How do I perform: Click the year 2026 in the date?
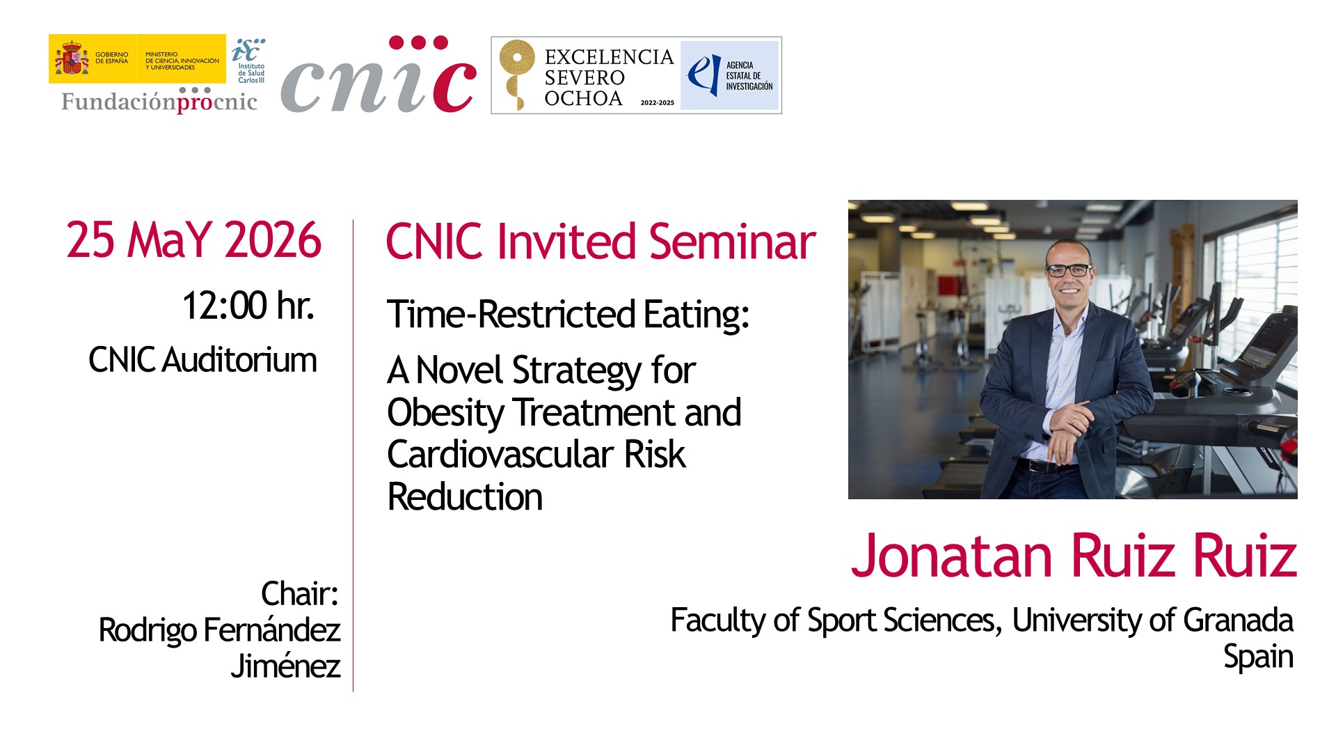273,240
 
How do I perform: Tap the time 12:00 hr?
248,306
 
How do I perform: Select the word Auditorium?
239,360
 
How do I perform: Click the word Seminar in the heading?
733,242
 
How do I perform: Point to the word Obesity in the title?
445,413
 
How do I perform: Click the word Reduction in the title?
465,497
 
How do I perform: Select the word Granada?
1238,620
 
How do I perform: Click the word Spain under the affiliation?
1258,657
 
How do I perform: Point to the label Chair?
300,594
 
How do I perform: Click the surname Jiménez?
285,666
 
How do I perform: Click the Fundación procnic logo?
159,100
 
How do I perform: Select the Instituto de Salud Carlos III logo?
249,61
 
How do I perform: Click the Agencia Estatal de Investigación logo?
729,75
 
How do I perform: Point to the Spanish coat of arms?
72,58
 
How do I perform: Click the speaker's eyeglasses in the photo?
1069,270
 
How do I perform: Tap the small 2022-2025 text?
658,102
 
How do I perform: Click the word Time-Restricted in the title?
511,314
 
